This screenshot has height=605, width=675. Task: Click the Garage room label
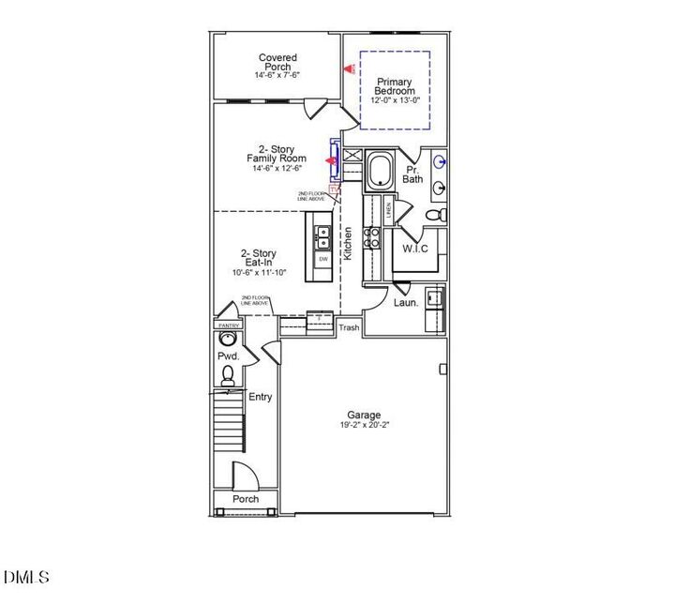364,415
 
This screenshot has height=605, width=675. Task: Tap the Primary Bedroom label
394,86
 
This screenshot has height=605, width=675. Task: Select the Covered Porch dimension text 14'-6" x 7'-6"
277,75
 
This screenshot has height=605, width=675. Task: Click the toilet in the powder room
228,374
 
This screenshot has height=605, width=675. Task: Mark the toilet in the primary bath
436,216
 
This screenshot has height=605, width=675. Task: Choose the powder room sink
228,340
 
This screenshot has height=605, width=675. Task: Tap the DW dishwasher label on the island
322,259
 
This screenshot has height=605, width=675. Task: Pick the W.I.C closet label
415,249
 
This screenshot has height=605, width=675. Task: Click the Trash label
349,327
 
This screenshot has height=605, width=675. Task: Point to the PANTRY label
229,325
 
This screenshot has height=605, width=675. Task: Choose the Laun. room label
405,303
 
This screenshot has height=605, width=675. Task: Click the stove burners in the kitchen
372,236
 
